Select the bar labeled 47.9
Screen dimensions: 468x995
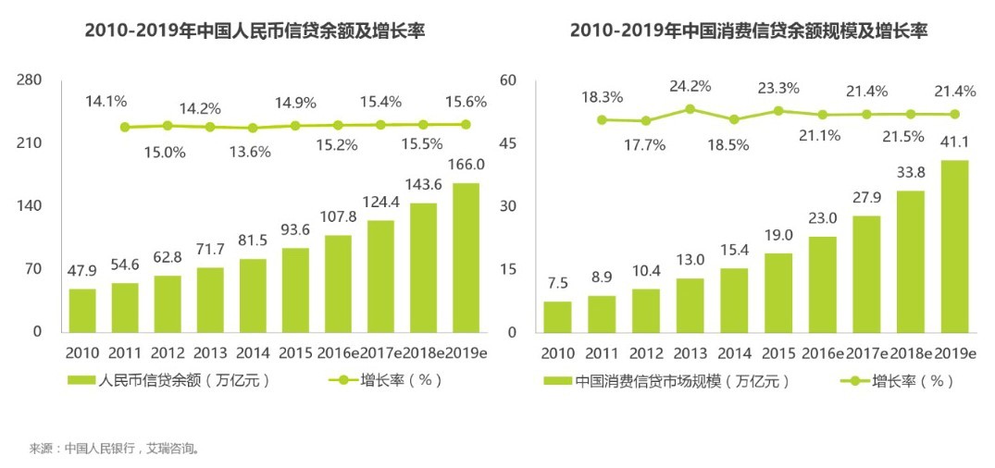click(x=82, y=310)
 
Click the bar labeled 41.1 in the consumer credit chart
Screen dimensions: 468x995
click(x=954, y=246)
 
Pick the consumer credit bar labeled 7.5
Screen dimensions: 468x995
click(x=557, y=316)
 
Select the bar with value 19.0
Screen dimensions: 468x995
click(x=778, y=292)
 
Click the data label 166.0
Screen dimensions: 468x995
click(x=466, y=165)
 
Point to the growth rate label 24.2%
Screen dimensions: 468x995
click(x=690, y=86)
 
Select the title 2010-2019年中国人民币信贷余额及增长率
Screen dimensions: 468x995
click(x=261, y=31)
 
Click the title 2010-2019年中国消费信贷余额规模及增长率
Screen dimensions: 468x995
click(x=748, y=31)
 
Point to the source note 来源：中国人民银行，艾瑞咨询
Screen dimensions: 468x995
click(x=115, y=449)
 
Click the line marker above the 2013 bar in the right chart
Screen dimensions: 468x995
click(x=690, y=108)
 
